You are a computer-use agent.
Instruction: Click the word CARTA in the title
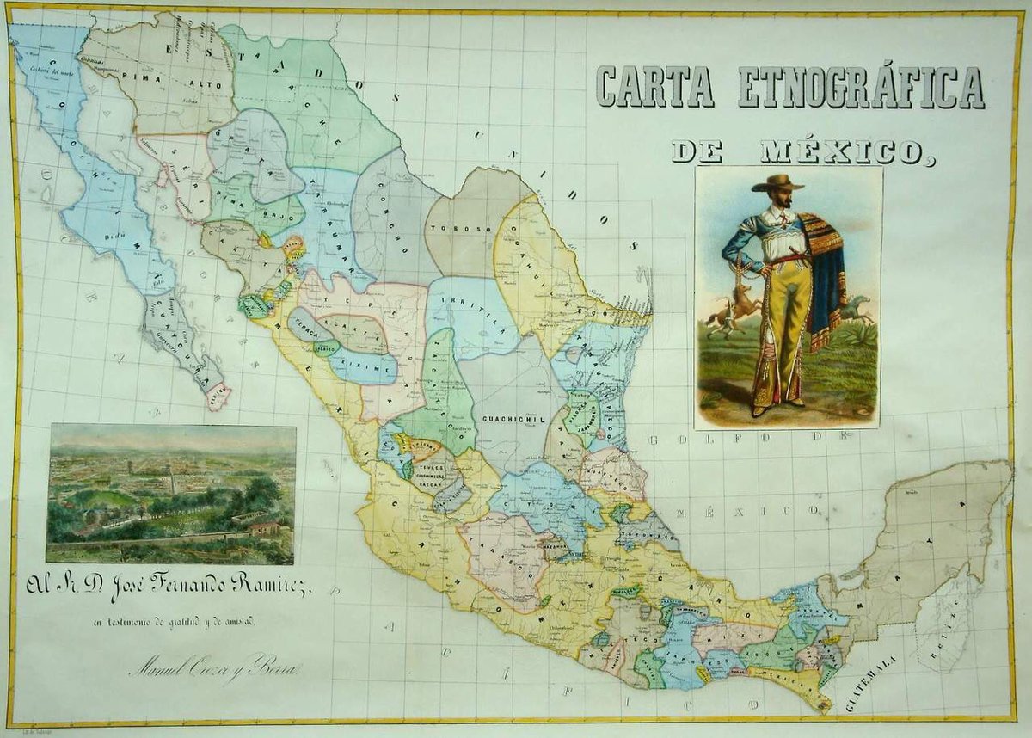pos(654,87)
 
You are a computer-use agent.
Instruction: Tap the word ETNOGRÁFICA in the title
pos(861,87)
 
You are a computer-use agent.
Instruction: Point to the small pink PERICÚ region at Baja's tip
pos(218,397)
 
